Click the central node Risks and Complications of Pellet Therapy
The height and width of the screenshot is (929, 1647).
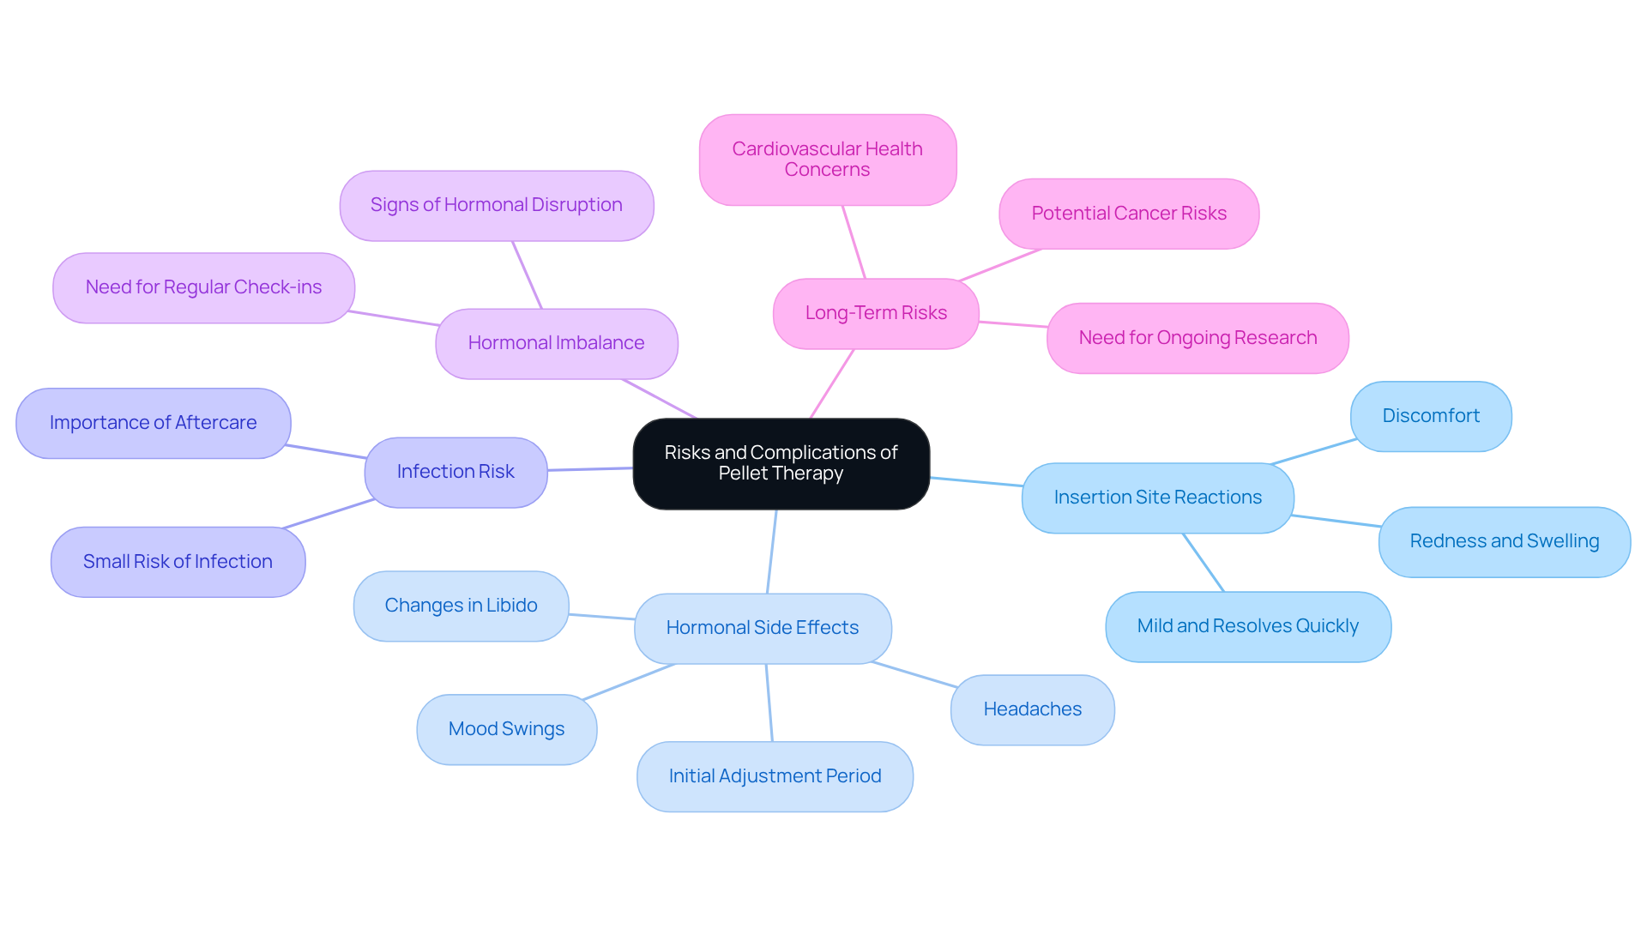click(x=781, y=463)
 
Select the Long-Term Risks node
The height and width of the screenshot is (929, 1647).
click(x=875, y=313)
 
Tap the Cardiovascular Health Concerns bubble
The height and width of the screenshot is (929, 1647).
click(x=827, y=160)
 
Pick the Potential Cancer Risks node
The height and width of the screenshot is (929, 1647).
click(x=1128, y=214)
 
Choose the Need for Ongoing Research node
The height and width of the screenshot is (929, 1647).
click(x=1197, y=338)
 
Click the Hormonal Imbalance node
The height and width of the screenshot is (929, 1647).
click(x=556, y=343)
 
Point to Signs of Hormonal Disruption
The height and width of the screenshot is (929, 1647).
click(x=496, y=205)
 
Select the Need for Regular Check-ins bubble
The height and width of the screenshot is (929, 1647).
click(x=203, y=287)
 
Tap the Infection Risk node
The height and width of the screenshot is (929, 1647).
click(x=455, y=472)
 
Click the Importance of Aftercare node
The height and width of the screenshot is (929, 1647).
click(x=153, y=423)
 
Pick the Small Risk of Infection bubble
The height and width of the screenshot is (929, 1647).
click(x=178, y=562)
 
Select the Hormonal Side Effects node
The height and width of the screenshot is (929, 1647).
click(x=762, y=628)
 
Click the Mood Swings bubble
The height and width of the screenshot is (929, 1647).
click(x=506, y=729)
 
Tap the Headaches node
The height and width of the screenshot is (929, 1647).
click(x=1032, y=709)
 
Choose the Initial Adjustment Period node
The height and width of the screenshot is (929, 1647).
click(x=775, y=776)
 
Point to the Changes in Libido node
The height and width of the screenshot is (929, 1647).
click(x=461, y=606)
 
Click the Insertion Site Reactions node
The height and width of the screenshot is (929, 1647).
click(x=1157, y=498)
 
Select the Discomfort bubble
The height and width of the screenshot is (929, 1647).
click(x=1430, y=416)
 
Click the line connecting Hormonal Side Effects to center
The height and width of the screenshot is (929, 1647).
click(x=772, y=552)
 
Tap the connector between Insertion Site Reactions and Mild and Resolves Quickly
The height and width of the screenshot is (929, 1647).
click(x=1204, y=563)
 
